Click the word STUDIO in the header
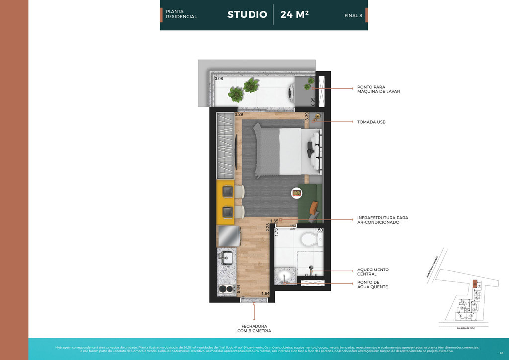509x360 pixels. (x=247, y=14)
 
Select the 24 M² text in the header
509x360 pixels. (x=294, y=14)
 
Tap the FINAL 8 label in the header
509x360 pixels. (x=353, y=15)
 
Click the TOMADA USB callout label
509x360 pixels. (x=371, y=122)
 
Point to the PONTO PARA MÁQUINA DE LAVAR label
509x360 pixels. (x=378, y=89)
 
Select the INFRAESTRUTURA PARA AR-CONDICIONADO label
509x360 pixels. (x=382, y=220)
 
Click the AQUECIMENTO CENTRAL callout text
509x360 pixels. (x=373, y=272)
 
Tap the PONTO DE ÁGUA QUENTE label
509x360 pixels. (x=372, y=285)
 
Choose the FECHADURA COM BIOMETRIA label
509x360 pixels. (x=254, y=328)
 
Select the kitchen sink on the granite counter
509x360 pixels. (x=227, y=258)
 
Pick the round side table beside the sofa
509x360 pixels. (x=297, y=192)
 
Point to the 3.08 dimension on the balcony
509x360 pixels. (x=218, y=79)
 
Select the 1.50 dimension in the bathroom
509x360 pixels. (x=318, y=230)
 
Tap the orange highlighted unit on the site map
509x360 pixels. (x=475, y=284)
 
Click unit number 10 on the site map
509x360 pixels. (x=461, y=309)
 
